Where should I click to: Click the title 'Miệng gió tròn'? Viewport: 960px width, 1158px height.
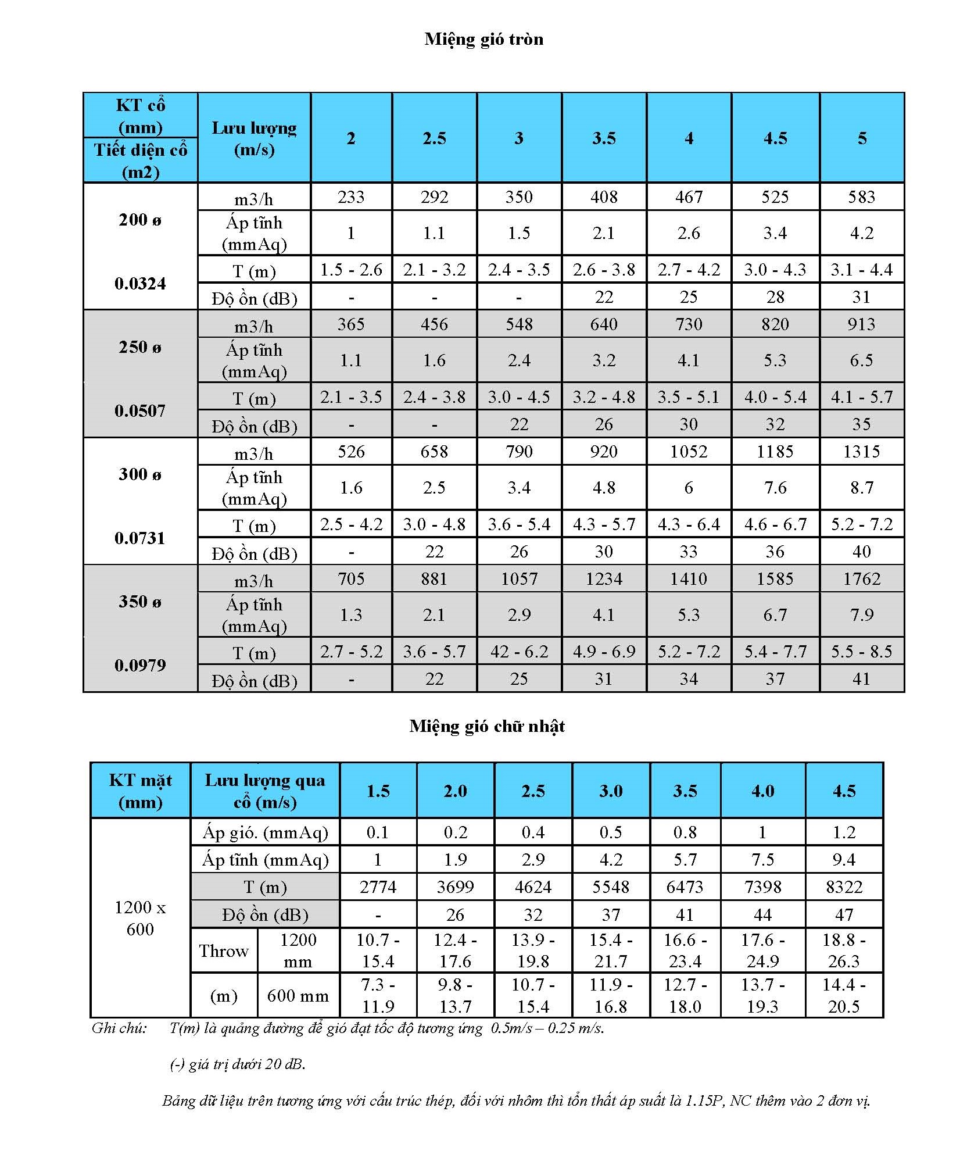(483, 39)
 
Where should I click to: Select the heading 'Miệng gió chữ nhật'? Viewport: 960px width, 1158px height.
(486, 726)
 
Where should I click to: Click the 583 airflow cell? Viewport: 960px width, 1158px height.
(861, 196)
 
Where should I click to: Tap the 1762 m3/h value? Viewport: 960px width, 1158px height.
(861, 578)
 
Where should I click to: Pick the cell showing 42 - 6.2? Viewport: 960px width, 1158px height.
(519, 651)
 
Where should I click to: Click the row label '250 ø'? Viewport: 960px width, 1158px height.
(140, 347)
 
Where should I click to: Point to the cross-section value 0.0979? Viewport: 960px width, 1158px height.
(140, 665)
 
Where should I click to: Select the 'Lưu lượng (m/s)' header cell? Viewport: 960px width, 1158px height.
(254, 138)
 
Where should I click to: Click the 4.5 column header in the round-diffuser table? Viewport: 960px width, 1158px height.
(775, 138)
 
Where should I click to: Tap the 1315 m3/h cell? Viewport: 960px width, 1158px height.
(861, 451)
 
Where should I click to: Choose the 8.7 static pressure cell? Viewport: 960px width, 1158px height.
(861, 487)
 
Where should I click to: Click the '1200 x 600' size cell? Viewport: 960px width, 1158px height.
(140, 918)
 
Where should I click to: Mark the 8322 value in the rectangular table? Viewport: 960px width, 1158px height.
(844, 887)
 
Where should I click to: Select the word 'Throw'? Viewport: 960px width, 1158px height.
(224, 950)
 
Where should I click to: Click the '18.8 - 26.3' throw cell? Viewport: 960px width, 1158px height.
(844, 950)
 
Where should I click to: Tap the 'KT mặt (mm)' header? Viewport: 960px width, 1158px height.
(140, 791)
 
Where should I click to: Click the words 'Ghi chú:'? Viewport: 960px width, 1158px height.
(119, 1028)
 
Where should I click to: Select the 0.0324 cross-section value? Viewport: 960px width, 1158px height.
(140, 284)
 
